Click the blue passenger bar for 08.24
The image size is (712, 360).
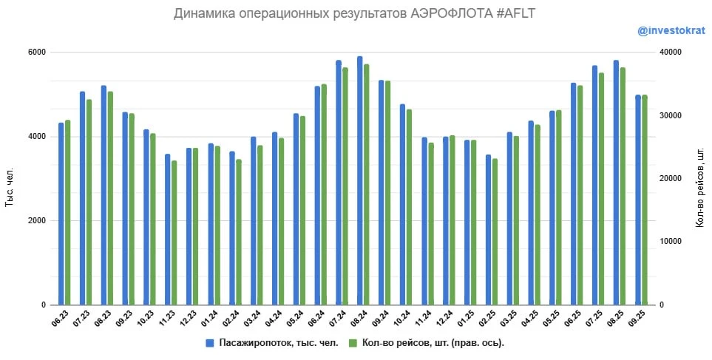pyautogui.click(x=360, y=181)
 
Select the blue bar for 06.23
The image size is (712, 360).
pyautogui.click(x=61, y=214)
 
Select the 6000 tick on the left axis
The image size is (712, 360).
pyautogui.click(x=37, y=52)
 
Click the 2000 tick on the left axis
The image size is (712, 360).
pyautogui.click(x=37, y=221)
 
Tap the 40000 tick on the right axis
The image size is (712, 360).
pyautogui.click(x=668, y=52)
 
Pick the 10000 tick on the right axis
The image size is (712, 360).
pyautogui.click(x=668, y=242)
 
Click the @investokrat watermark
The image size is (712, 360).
pyautogui.click(x=671, y=31)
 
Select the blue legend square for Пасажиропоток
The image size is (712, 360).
pyautogui.click(x=210, y=343)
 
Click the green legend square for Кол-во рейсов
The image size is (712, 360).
pyautogui.click(x=353, y=343)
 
